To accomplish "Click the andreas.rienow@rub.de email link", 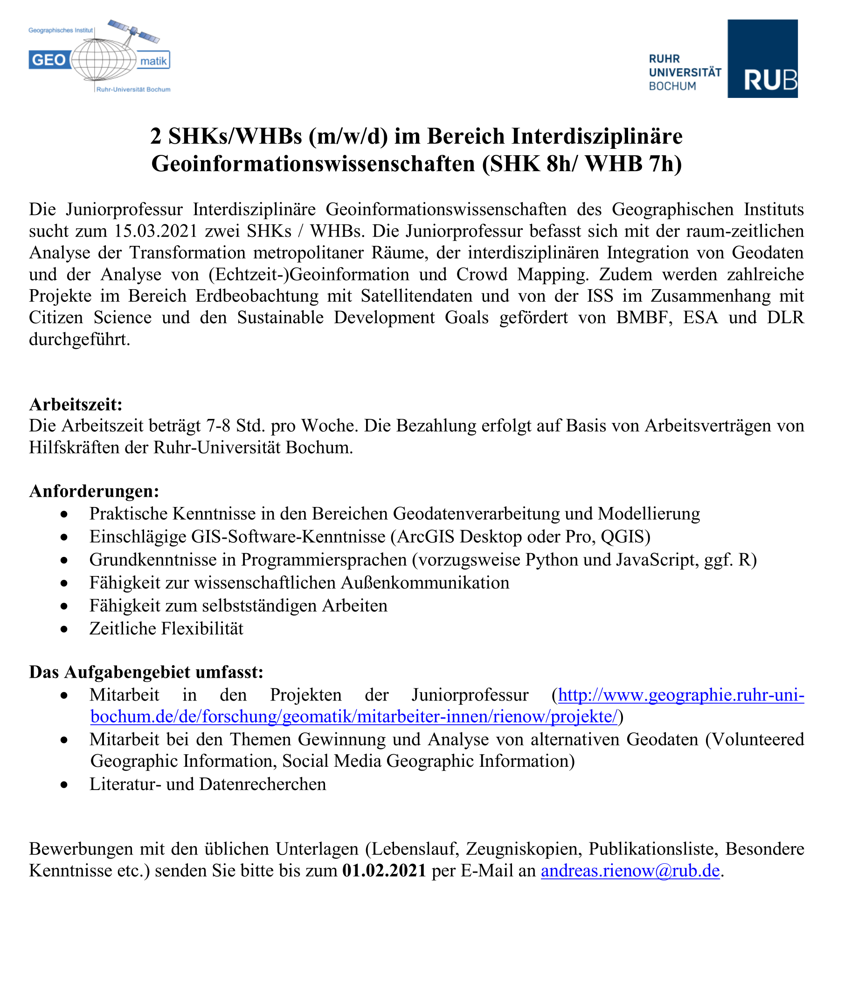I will (x=630, y=871).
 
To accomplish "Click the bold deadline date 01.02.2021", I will (x=383, y=871).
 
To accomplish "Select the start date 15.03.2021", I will (x=156, y=231).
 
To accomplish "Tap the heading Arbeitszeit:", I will (x=76, y=404).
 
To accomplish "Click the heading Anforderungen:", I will (x=94, y=491).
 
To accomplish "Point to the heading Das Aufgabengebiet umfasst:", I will (x=146, y=672).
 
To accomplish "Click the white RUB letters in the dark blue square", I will (x=770, y=80).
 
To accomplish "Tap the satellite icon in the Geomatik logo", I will (x=134, y=31).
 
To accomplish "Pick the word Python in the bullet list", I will (x=550, y=560).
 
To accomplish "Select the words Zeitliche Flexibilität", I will (x=166, y=629).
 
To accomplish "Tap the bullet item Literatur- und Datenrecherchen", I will (x=208, y=784).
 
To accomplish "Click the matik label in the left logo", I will (x=153, y=61).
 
